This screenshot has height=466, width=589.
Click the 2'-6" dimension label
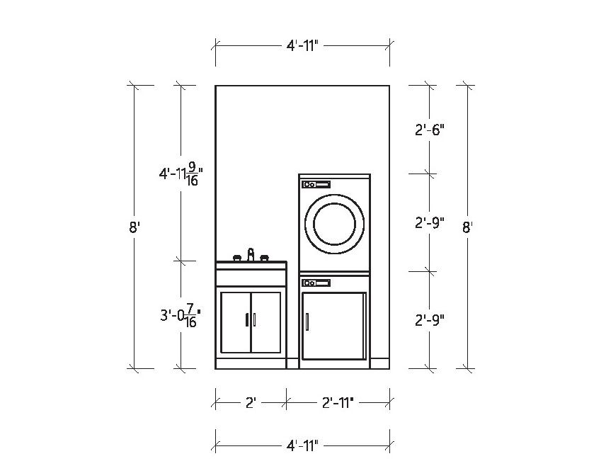[x=429, y=130]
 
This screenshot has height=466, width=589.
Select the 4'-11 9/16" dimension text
[x=181, y=174]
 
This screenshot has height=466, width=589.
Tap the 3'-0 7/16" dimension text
[x=181, y=315]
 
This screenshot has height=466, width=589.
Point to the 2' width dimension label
[x=251, y=403]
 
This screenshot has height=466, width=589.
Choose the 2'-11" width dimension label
[x=338, y=403]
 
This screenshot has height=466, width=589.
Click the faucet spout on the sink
[x=251, y=254]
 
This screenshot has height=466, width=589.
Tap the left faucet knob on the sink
[x=236, y=258]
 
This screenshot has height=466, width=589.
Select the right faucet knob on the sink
[x=265, y=258]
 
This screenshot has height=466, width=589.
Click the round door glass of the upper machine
[x=334, y=224]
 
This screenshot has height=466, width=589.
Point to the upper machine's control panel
[x=316, y=185]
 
